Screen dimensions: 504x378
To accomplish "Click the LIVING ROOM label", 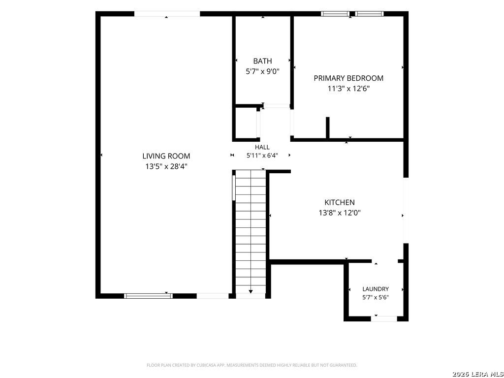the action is [166, 156].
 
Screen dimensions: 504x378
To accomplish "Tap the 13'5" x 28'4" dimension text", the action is [166, 166].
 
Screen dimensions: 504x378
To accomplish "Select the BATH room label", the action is [262, 61].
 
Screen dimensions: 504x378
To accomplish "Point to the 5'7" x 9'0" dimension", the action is [262, 71].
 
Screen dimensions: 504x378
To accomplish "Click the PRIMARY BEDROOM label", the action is [348, 78].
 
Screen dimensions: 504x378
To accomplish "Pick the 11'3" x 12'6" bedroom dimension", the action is [348, 89].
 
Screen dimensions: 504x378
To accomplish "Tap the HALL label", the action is [262, 147].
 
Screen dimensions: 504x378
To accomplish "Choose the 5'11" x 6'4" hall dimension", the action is [262, 156].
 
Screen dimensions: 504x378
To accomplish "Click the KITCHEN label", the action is [340, 202].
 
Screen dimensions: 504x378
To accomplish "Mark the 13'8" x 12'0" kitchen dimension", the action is [340, 213].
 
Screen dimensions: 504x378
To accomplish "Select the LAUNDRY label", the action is [376, 289].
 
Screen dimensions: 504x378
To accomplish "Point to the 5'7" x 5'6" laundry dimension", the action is [376, 297].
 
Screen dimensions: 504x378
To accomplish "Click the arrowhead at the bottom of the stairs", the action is [251, 291].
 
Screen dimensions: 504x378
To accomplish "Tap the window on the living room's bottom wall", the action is [149, 296].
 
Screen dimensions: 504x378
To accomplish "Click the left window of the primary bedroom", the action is [335, 13].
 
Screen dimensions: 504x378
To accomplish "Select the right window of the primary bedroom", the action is [369, 13].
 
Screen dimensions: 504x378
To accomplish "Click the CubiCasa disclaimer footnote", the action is [252, 365].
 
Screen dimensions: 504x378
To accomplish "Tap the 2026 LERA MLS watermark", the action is [477, 374].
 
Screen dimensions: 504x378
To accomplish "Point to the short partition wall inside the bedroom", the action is [327, 128].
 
